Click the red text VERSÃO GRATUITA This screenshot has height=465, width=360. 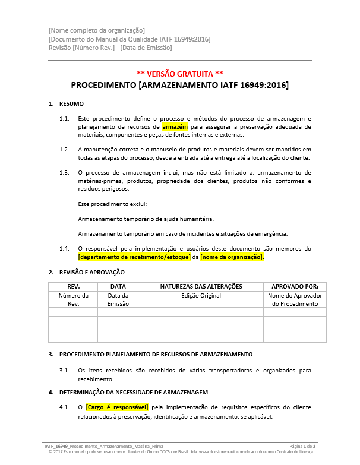pyautogui.click(x=179, y=74)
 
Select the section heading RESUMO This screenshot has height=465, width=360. pyautogui.click(x=71, y=104)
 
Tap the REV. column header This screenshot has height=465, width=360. pyautogui.click(x=72, y=287)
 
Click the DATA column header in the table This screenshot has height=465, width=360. pyautogui.click(x=118, y=287)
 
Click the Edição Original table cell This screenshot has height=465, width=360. pyautogui.click(x=200, y=295)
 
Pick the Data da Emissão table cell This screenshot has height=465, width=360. pyautogui.click(x=118, y=299)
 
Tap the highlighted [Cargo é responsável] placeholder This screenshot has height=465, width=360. pyautogui.click(x=117, y=407)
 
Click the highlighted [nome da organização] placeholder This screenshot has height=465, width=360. pyautogui.click(x=232, y=257)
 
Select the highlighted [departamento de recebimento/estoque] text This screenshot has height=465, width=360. pyautogui.click(x=134, y=257)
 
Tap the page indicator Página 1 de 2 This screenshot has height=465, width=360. pyautogui.click(x=302, y=445)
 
